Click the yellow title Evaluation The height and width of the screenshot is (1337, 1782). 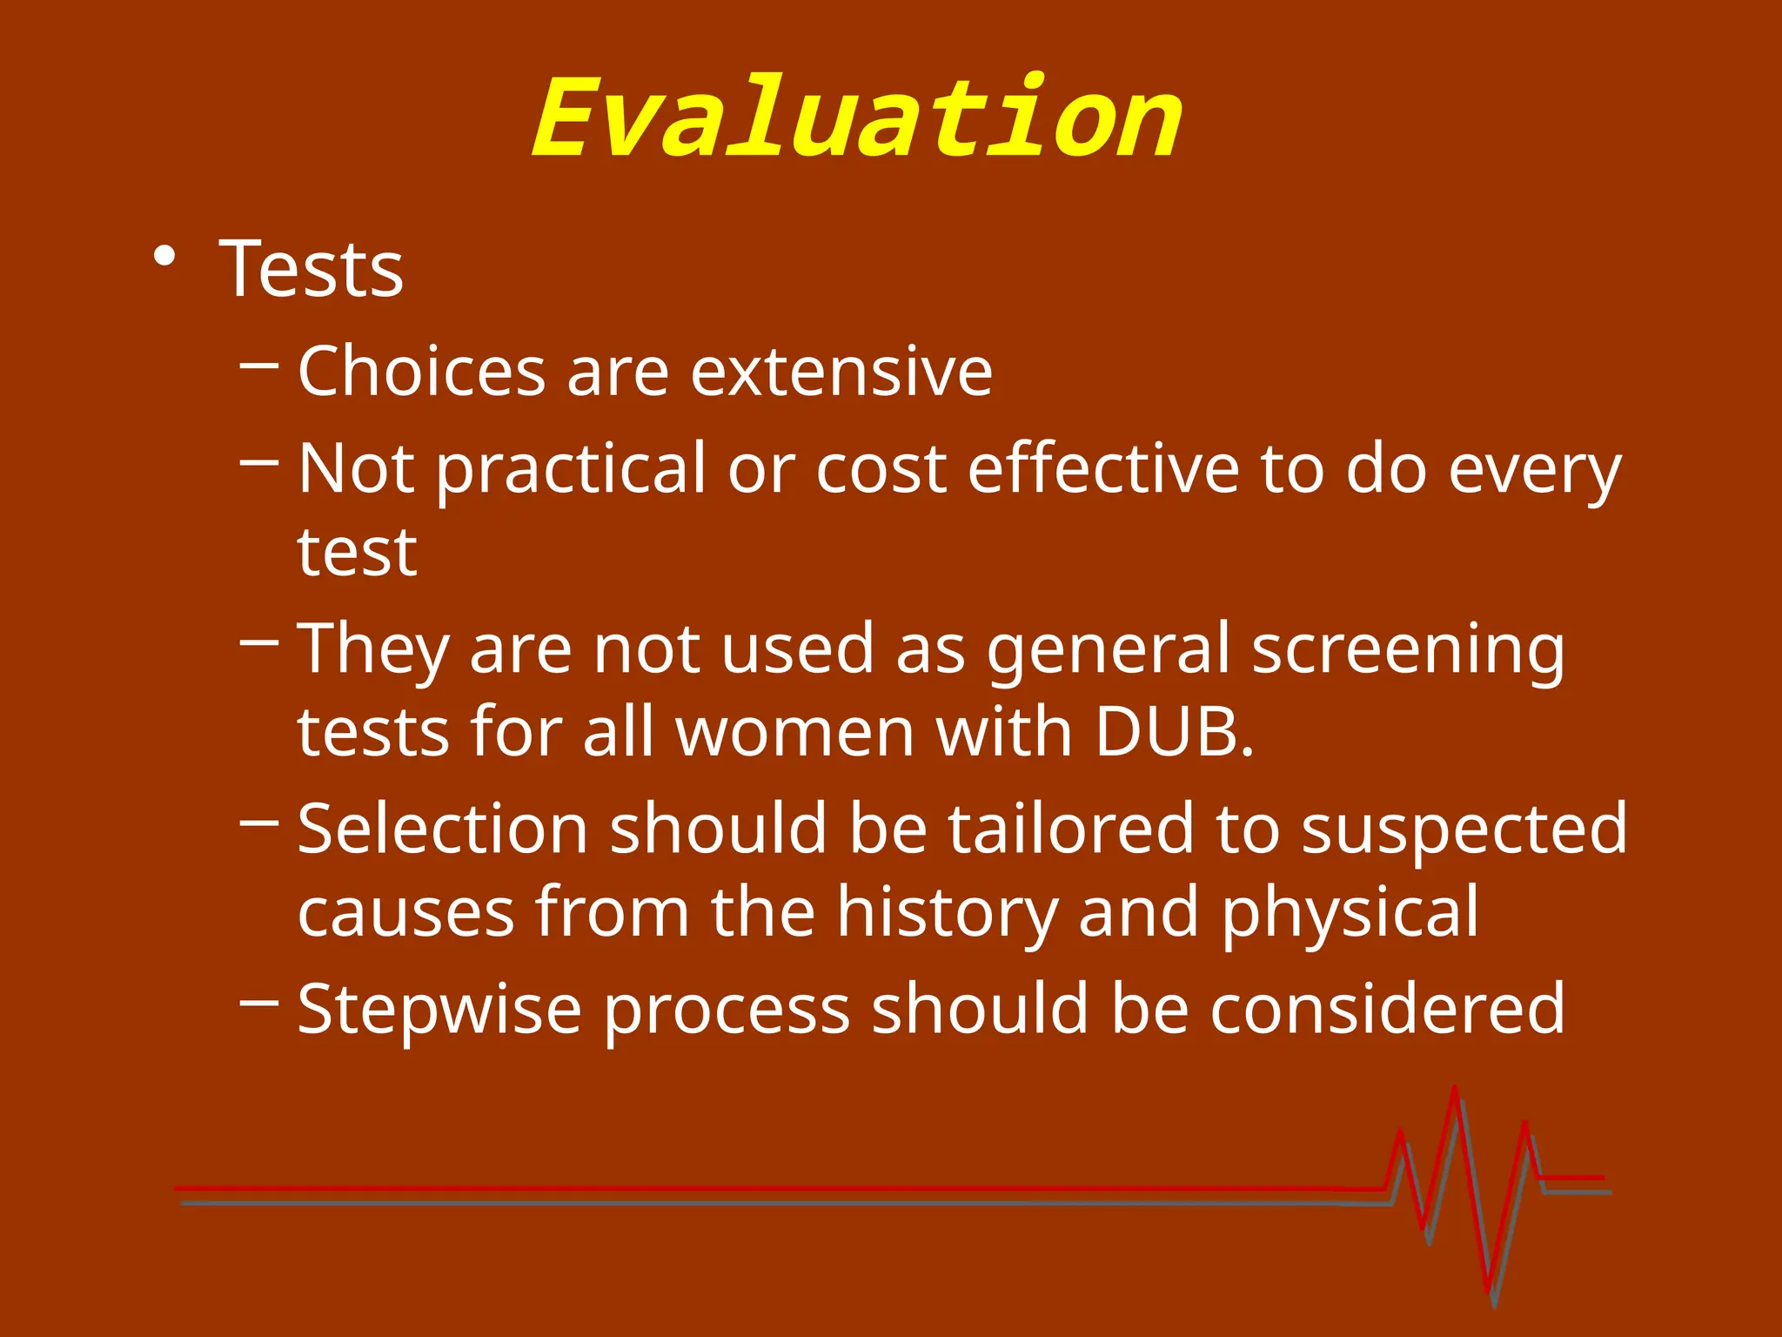click(857, 119)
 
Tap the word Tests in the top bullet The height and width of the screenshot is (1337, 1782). click(312, 269)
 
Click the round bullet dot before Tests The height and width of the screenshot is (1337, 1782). click(164, 258)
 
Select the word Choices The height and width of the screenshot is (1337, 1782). click(421, 372)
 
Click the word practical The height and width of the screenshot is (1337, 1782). click(571, 471)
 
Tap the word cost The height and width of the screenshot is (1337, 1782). click(881, 471)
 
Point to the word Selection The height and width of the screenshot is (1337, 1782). click(443, 829)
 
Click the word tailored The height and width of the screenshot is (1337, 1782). click(1070, 829)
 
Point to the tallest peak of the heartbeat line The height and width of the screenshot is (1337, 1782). click(1455, 1090)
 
